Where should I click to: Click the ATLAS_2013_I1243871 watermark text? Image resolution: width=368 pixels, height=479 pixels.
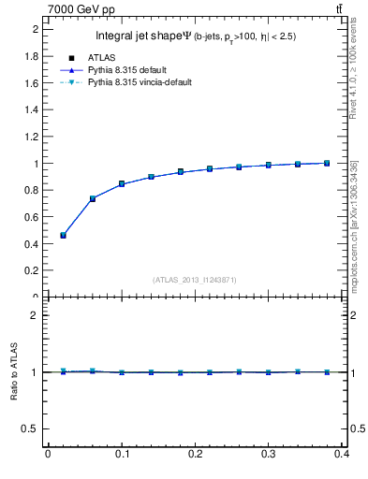[x=195, y=280]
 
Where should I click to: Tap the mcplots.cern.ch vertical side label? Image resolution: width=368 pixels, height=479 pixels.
[x=358, y=225]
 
